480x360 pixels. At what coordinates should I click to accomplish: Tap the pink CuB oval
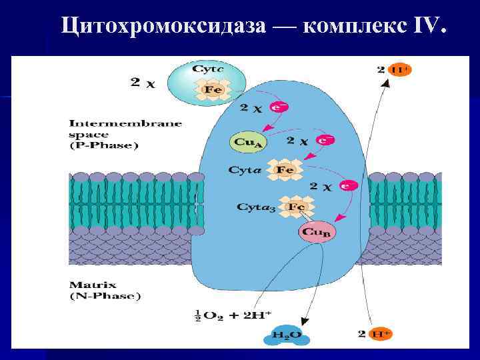tap(317, 232)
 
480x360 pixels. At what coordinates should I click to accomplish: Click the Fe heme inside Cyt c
tap(213, 89)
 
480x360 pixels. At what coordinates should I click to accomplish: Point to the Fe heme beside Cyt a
tap(285, 170)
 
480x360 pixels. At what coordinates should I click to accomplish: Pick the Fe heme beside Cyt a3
tap(296, 207)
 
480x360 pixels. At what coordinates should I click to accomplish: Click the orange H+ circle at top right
tap(400, 69)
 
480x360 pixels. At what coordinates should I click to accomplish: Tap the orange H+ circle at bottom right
tap(399, 334)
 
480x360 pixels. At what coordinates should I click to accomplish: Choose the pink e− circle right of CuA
tap(325, 140)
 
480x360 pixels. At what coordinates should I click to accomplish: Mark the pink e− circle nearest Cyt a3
tap(348, 186)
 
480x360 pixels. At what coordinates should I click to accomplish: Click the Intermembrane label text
tap(125, 123)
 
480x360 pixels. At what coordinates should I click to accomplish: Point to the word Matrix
tap(86, 283)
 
